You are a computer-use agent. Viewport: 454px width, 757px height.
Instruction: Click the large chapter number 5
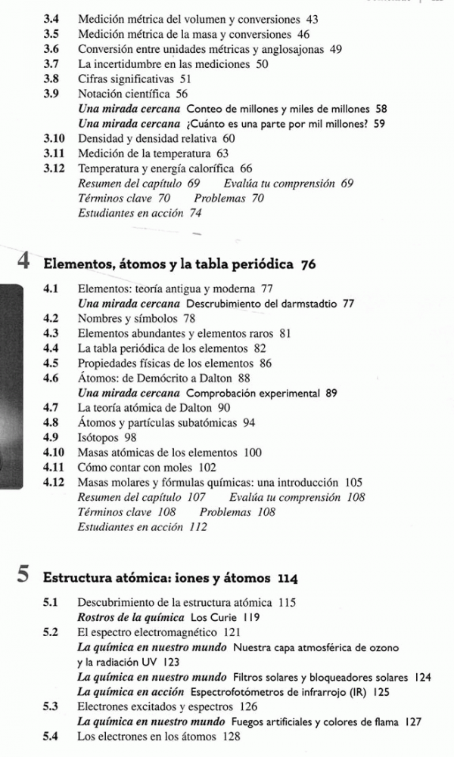point(23,578)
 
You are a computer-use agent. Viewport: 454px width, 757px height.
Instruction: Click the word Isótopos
point(99,437)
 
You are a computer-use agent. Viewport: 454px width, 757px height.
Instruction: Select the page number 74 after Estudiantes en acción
point(200,214)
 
